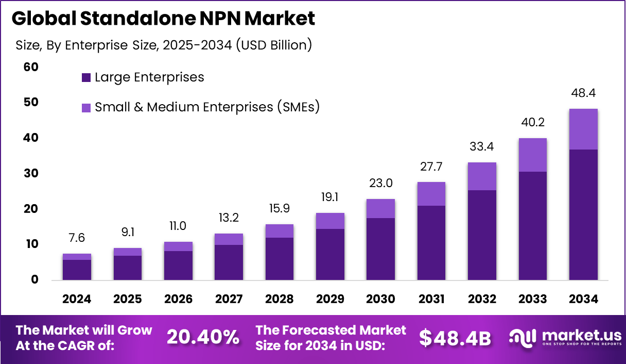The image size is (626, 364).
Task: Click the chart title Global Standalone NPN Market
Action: (163, 19)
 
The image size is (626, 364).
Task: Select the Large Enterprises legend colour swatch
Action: (86, 78)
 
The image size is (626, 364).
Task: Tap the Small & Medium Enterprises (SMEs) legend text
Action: (207, 107)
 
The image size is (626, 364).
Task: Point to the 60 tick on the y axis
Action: (31, 67)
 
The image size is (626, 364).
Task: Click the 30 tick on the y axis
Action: (31, 173)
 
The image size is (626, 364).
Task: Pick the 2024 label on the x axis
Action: (77, 299)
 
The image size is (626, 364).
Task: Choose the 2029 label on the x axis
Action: (330, 299)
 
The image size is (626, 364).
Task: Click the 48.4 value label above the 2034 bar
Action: (583, 93)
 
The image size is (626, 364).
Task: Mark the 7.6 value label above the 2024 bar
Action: (77, 238)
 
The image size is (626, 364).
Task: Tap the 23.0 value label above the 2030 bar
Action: (380, 184)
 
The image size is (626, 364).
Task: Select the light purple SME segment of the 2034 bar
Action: (583, 129)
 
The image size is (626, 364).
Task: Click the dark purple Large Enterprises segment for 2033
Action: (533, 225)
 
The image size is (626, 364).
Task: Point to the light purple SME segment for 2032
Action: (482, 176)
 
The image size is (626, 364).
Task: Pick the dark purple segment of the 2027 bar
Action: (229, 262)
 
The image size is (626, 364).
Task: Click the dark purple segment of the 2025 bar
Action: (127, 268)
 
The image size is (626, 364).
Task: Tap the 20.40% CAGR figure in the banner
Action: (203, 337)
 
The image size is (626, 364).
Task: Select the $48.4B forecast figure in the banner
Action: (455, 337)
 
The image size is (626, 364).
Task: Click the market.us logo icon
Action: (522, 337)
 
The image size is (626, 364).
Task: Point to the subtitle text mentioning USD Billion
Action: (164, 45)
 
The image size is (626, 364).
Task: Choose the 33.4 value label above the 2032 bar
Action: (482, 147)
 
